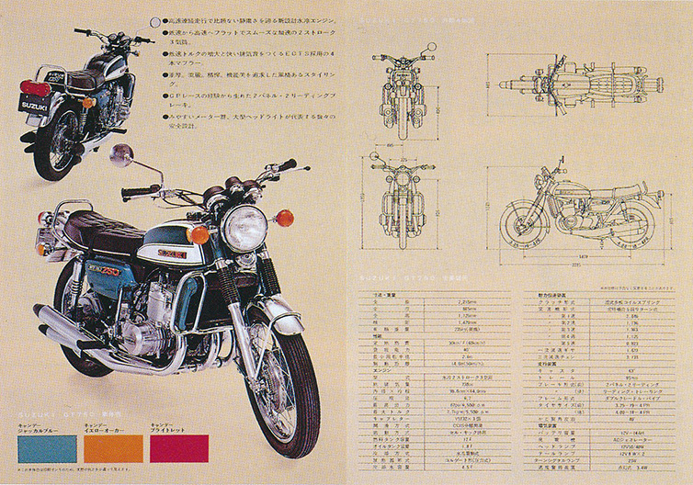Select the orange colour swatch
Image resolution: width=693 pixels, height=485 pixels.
point(113,447)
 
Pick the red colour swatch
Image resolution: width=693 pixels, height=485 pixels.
point(179,447)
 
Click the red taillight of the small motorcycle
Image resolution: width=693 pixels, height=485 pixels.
point(34,87)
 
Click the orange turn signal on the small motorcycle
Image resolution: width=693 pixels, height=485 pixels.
point(88,102)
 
